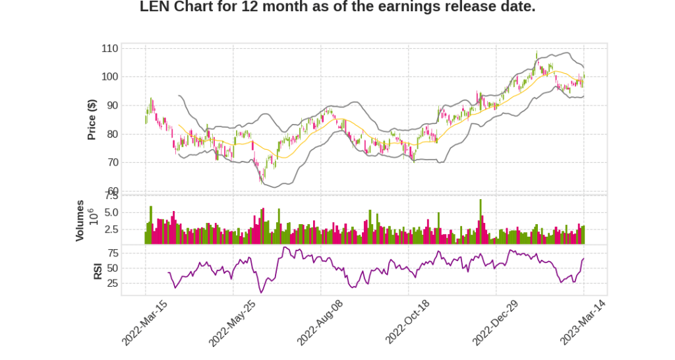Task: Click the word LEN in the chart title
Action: tap(156, 7)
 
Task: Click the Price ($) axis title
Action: tap(92, 119)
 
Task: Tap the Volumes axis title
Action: tap(80, 220)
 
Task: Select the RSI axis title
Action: tap(98, 270)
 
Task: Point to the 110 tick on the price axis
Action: tap(110, 49)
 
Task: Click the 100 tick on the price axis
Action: tap(110, 77)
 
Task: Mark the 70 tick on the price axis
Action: tap(113, 162)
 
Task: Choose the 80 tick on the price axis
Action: tap(113, 134)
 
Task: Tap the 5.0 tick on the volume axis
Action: tap(111, 212)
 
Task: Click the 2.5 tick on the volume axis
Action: tap(111, 229)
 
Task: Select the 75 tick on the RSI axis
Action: tap(113, 253)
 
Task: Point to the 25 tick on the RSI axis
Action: tap(113, 284)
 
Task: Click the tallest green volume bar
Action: tap(481, 222)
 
